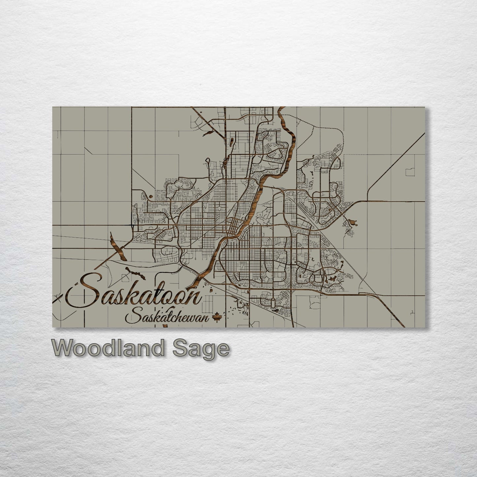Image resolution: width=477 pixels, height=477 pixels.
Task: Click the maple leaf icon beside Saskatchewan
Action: point(217,318)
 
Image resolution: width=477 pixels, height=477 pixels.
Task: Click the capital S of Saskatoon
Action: point(85,290)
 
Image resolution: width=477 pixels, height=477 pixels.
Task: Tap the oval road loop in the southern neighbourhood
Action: point(273,303)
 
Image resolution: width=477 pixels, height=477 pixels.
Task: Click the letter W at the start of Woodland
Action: point(63,348)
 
